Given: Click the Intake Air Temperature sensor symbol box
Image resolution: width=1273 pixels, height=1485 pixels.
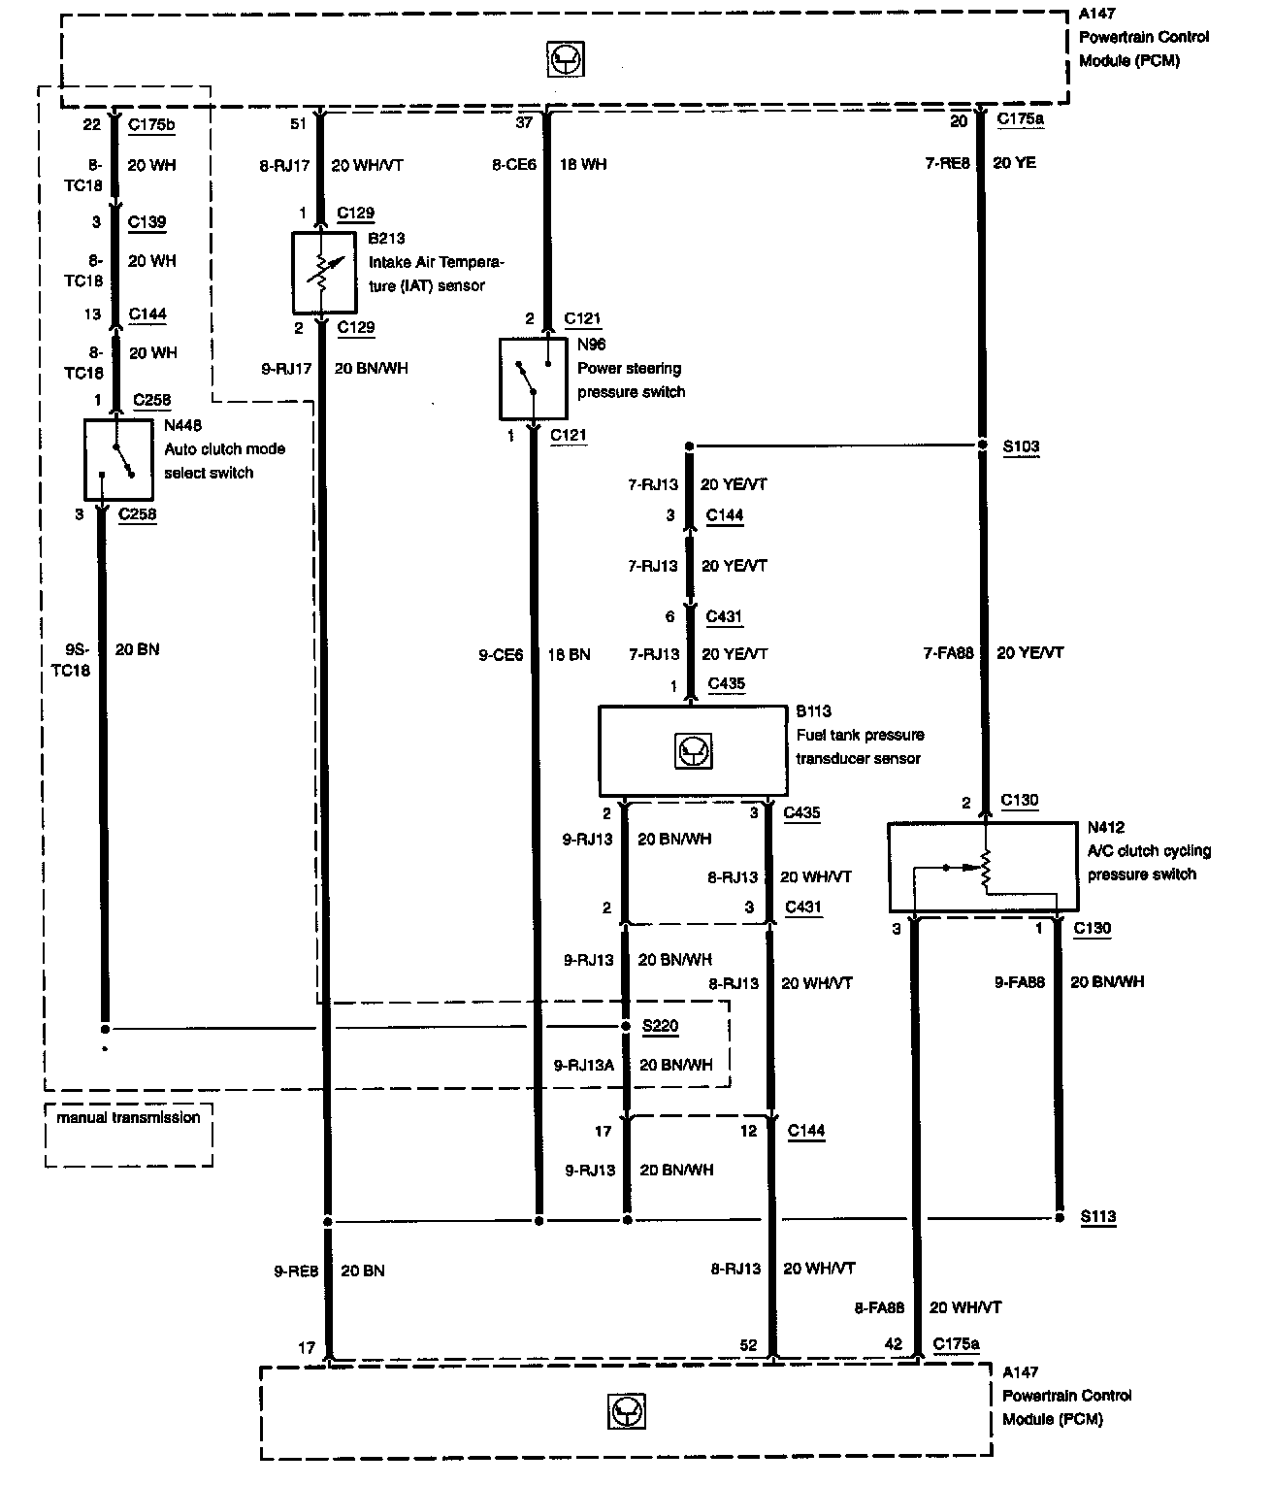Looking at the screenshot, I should pyautogui.click(x=323, y=274).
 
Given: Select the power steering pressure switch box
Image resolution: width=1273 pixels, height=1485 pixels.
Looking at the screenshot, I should pyautogui.click(x=533, y=379).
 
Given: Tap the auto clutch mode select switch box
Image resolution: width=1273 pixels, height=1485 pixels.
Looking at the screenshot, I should pyautogui.click(x=118, y=459).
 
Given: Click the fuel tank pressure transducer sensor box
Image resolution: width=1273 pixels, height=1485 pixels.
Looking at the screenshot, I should pyautogui.click(x=693, y=750).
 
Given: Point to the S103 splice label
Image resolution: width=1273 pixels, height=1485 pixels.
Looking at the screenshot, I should pyautogui.click(x=1021, y=447).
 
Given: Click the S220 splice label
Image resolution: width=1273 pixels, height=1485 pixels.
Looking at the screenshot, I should pyautogui.click(x=661, y=1026).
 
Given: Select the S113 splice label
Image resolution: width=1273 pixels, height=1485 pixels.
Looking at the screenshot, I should pyautogui.click(x=1098, y=1216).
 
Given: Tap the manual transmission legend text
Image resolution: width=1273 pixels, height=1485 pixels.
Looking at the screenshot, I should pyautogui.click(x=128, y=1118).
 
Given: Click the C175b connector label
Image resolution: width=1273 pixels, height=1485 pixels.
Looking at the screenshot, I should pyautogui.click(x=151, y=124).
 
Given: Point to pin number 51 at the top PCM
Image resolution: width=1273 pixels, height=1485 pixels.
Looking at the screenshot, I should pyautogui.click(x=299, y=124).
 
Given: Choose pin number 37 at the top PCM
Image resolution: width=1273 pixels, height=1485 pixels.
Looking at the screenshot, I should pyautogui.click(x=524, y=121).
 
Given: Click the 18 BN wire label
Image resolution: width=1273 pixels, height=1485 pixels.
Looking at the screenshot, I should pyautogui.click(x=569, y=655).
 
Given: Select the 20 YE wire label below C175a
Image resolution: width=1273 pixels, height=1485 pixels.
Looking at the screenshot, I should pyautogui.click(x=1015, y=163).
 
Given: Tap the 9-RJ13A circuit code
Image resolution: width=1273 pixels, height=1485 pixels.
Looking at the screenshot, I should pyautogui.click(x=584, y=1065).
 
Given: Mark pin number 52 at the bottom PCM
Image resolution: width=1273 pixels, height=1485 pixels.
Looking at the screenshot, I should pyautogui.click(x=748, y=1345).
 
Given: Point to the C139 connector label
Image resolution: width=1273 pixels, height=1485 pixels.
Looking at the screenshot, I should pyautogui.click(x=147, y=222).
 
